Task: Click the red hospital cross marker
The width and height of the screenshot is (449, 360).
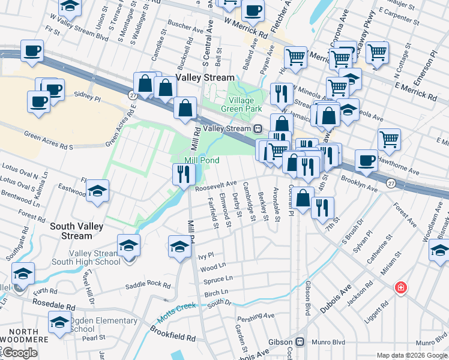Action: coord(400,289)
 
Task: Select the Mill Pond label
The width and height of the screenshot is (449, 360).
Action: coord(201,160)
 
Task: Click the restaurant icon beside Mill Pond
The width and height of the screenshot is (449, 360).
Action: coord(182,173)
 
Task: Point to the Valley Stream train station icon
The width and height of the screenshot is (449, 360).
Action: coord(258,128)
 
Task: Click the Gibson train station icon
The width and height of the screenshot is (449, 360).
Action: coord(301,342)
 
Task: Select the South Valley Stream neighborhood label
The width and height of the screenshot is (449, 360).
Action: coord(76,231)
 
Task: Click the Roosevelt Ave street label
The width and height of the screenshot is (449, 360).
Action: coord(216,186)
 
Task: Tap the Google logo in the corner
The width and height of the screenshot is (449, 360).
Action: coord(19,353)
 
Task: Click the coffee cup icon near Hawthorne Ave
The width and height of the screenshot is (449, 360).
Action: coord(366,160)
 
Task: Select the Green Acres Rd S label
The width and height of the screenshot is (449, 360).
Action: coord(49,142)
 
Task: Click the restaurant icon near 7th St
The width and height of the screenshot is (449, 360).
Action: coord(322,208)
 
